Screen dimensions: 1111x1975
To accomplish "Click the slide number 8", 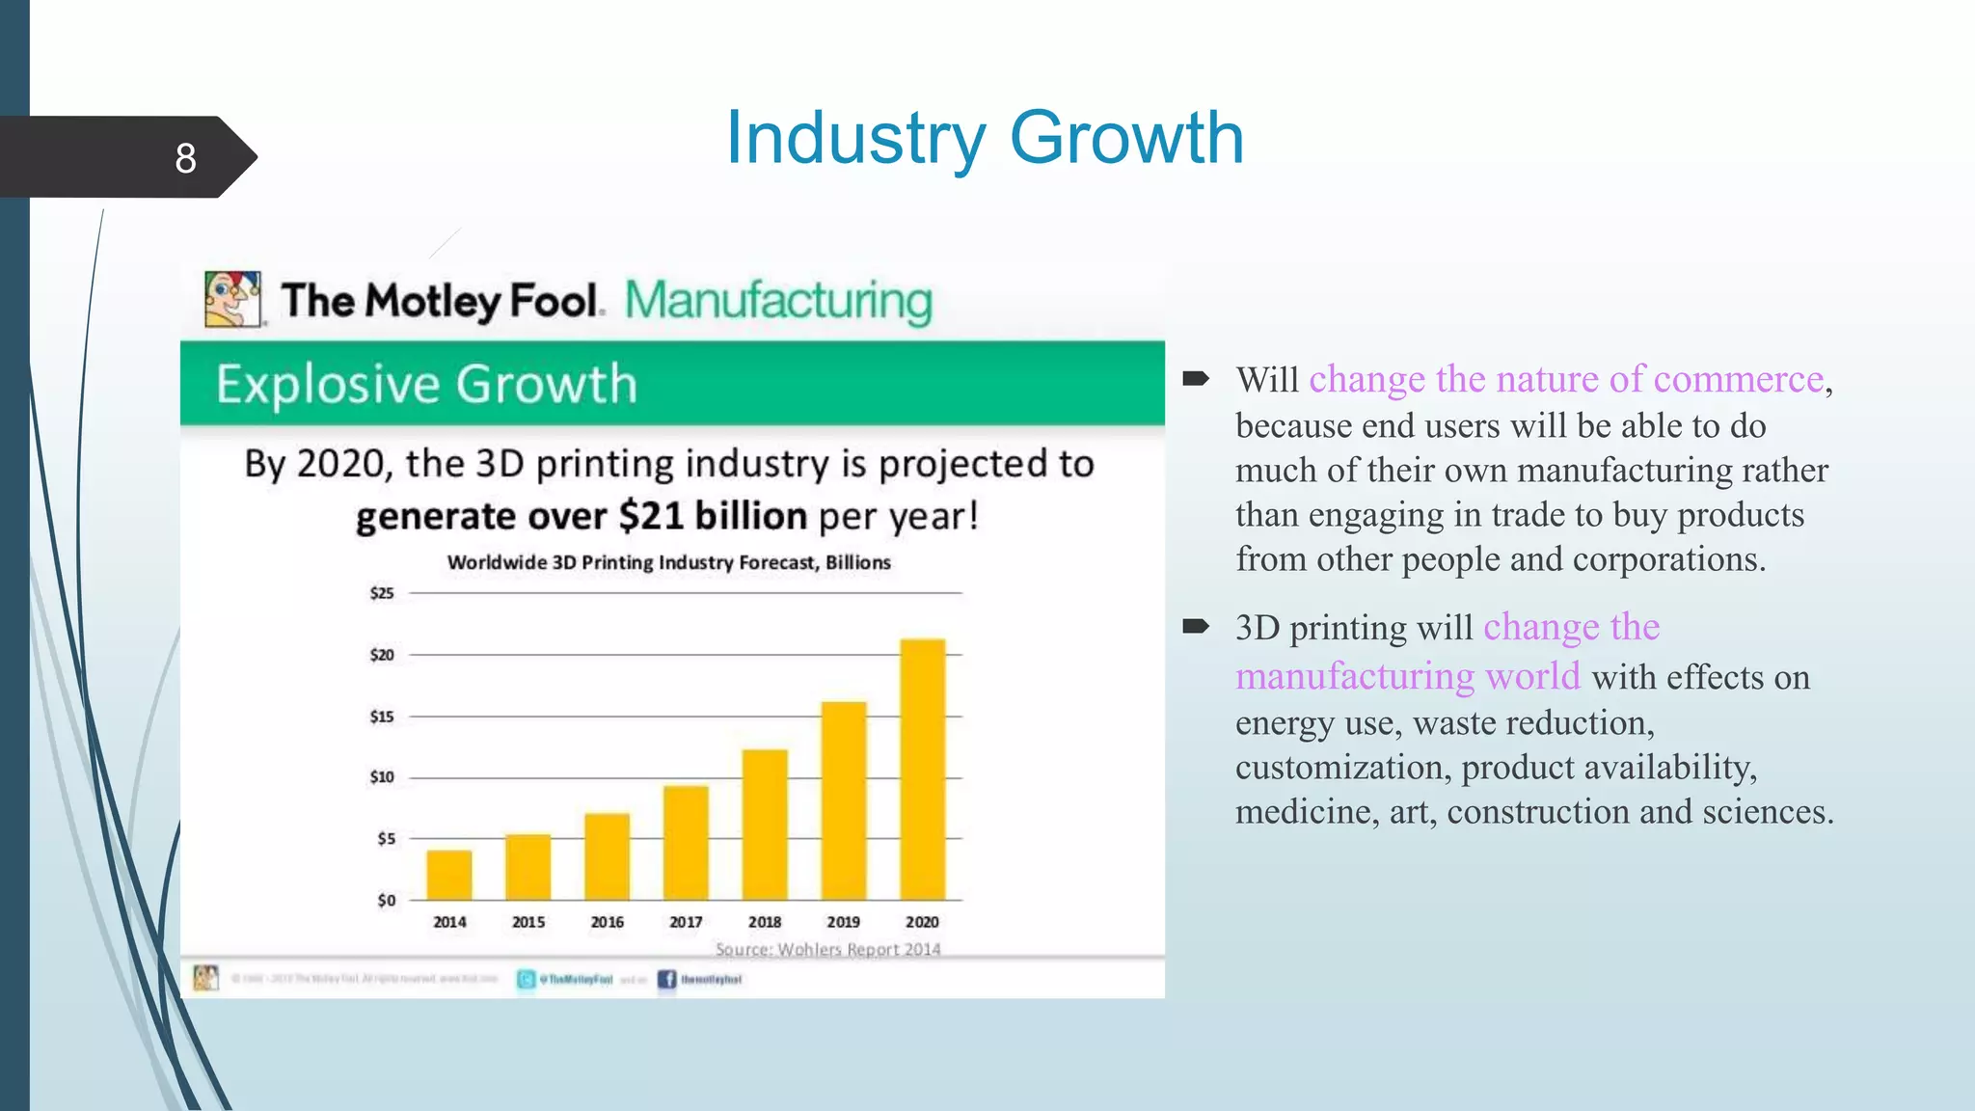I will tap(185, 157).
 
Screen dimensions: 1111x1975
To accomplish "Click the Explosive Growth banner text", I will tap(426, 384).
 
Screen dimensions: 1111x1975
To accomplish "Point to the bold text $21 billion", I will tap(713, 516).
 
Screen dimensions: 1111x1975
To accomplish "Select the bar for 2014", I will tap(449, 875).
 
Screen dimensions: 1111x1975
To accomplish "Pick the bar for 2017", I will tap(686, 842).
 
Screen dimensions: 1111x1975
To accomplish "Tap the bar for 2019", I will tap(844, 800).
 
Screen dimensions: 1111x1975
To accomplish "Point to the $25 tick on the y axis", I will tap(382, 593).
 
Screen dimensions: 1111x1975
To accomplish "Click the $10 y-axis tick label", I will tap(382, 777).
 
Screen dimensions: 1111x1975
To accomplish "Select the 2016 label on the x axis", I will tap(608, 922).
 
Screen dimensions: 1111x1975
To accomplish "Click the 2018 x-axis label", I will tap(765, 922).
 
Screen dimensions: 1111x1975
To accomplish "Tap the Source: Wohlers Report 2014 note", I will tap(827, 949).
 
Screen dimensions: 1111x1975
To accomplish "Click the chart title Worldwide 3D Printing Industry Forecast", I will tap(668, 562).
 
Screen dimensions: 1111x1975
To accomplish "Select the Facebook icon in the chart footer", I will tap(666, 980).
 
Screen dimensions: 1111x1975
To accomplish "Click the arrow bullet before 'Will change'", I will tap(1196, 378).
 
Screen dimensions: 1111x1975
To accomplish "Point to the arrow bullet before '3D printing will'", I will tap(1196, 627).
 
